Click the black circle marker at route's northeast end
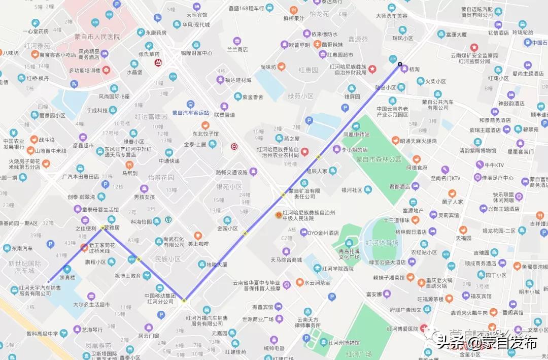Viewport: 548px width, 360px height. click(x=400, y=64)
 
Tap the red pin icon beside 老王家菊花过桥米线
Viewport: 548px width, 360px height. click(x=84, y=247)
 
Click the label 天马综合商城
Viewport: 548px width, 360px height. click(x=287, y=260)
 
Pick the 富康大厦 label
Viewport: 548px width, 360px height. click(x=456, y=35)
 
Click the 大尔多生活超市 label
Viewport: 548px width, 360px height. click(x=91, y=305)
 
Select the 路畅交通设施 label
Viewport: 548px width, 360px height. click(x=231, y=172)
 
